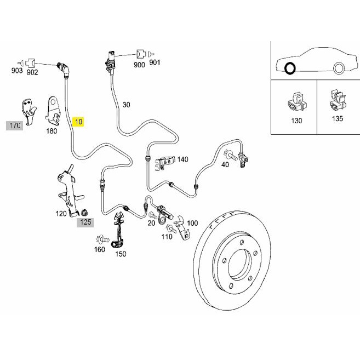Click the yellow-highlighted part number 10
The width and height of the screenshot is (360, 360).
(x=78, y=122)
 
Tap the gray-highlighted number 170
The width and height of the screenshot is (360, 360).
(x=15, y=125)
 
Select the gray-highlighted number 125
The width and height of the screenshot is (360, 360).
(x=85, y=222)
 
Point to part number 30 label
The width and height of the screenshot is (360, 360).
(x=126, y=105)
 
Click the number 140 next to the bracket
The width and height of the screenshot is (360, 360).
(x=183, y=159)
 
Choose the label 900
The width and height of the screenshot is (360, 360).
(x=139, y=65)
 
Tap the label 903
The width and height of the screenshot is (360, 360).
(x=17, y=71)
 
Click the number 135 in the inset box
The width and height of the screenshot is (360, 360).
(x=338, y=118)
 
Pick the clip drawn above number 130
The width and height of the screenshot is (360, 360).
(x=297, y=102)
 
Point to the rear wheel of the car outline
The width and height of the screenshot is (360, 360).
(x=338, y=68)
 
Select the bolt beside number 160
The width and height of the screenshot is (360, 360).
(x=102, y=239)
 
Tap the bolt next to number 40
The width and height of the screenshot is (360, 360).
(x=231, y=156)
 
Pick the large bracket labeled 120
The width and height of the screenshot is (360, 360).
(x=69, y=191)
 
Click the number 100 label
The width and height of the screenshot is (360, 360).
(x=192, y=223)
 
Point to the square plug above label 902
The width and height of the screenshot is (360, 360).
(x=30, y=62)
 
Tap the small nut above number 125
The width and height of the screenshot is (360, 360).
(x=84, y=213)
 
